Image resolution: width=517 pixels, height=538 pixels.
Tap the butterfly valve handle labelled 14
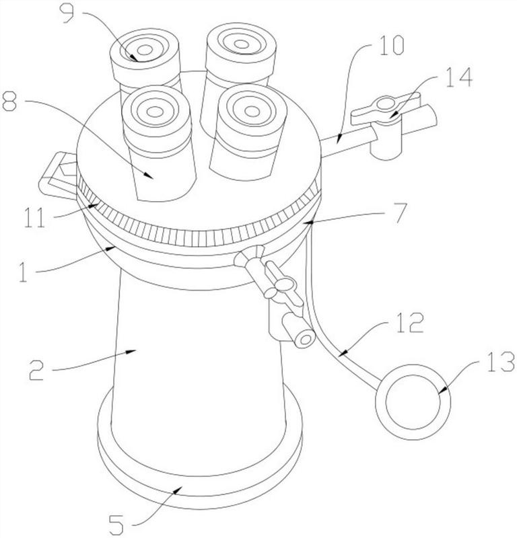point(384,104)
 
